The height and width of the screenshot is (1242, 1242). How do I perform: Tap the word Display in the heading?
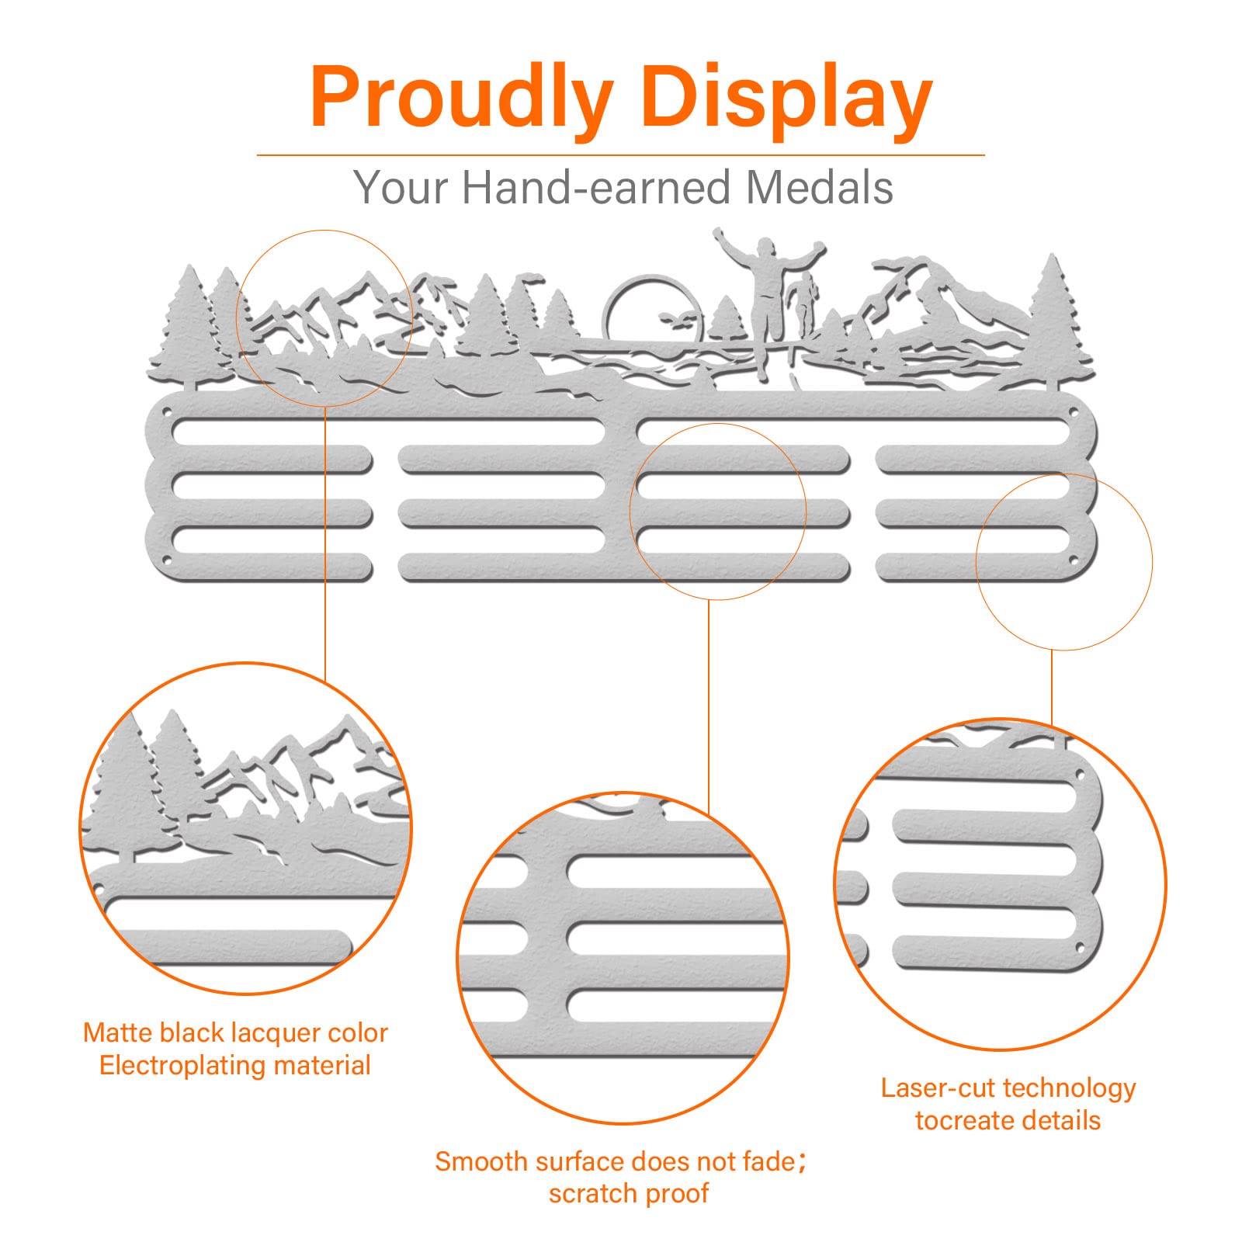click(x=788, y=98)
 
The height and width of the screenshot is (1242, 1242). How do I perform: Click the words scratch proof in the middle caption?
click(x=629, y=1194)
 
